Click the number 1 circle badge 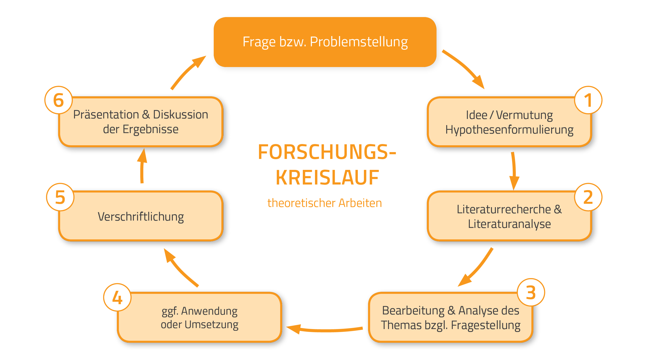click(x=588, y=100)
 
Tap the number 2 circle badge click(x=588, y=197)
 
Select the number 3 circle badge click(x=531, y=292)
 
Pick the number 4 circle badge click(x=117, y=297)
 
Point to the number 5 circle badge click(x=60, y=197)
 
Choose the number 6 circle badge click(x=58, y=100)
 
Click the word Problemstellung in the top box click(x=359, y=42)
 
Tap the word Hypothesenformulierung click(x=509, y=130)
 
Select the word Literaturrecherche click(x=504, y=209)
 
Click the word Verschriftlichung click(x=141, y=217)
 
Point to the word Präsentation click(x=106, y=115)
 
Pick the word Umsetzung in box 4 click(x=211, y=324)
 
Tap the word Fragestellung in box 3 click(x=486, y=325)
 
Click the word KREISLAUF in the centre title click(x=327, y=178)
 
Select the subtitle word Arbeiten click(x=360, y=203)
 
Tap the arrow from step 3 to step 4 click(x=324, y=330)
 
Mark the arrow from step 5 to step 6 click(x=142, y=166)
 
